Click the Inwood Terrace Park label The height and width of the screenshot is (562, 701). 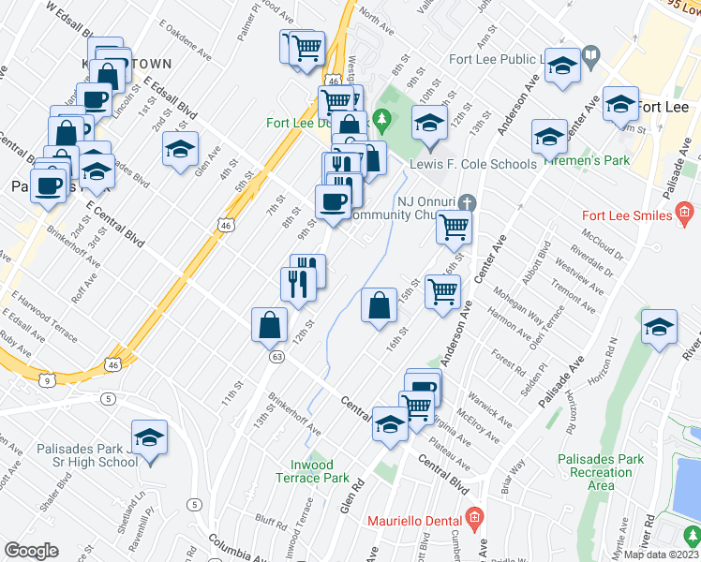click(x=311, y=470)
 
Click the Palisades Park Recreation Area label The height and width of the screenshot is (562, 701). click(x=601, y=472)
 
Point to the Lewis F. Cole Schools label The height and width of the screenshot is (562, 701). click(x=472, y=164)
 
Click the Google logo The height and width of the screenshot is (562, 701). click(x=31, y=551)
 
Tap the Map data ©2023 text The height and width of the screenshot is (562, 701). click(x=661, y=555)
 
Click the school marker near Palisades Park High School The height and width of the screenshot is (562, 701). click(x=149, y=437)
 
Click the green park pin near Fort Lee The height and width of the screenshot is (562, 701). click(x=381, y=120)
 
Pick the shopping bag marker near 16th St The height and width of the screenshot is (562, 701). click(x=378, y=305)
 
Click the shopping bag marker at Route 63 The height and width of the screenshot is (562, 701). click(x=269, y=324)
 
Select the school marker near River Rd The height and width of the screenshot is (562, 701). click(x=660, y=327)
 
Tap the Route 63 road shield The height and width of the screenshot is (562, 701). click(x=276, y=356)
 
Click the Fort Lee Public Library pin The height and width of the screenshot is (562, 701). click(x=590, y=56)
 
